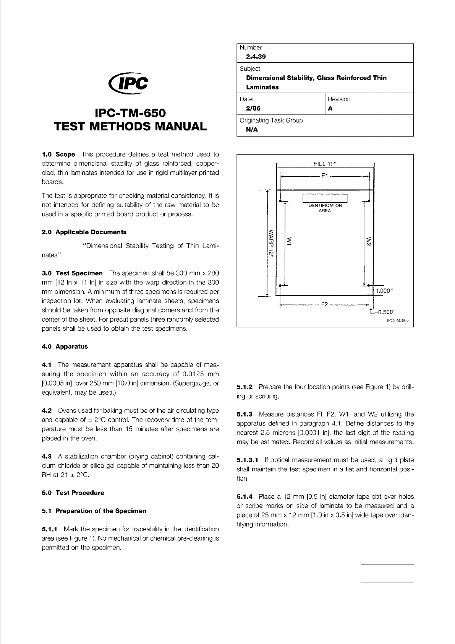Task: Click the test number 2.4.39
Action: click(256, 57)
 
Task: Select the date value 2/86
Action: click(253, 108)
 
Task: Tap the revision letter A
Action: click(330, 108)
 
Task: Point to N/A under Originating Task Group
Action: click(252, 129)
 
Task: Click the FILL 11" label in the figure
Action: click(324, 164)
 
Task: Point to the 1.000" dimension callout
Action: click(385, 291)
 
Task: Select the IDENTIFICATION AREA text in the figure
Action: click(324, 208)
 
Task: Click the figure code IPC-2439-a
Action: click(398, 321)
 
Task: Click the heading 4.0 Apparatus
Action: click(65, 346)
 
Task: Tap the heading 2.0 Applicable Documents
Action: click(84, 232)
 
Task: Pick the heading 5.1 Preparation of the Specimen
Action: click(94, 511)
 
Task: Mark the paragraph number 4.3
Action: click(47, 457)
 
